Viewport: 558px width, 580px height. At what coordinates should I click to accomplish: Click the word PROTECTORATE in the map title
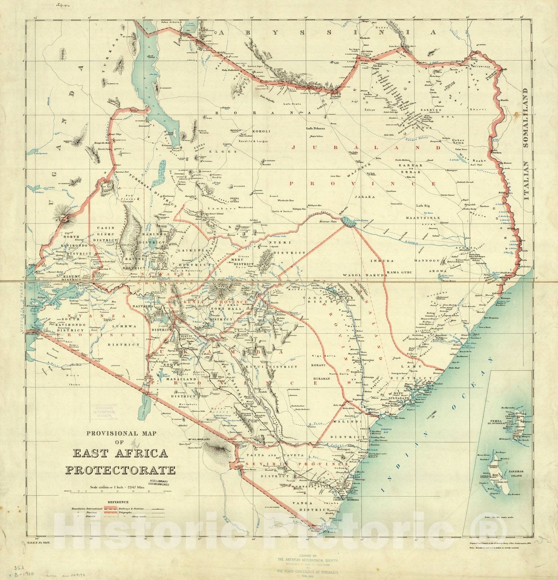click(121, 469)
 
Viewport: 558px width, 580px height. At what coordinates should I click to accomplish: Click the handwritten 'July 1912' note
click(62, 6)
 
